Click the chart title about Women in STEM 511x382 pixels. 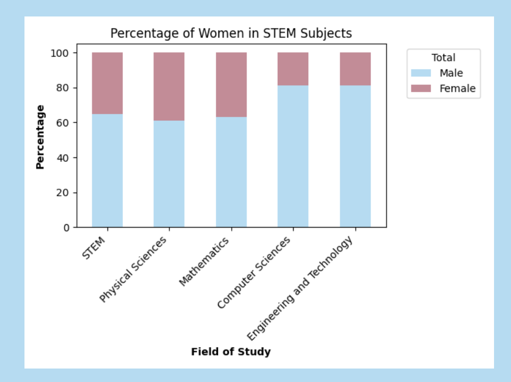(231, 33)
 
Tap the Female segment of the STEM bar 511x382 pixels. (107, 83)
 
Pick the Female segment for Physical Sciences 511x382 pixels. (169, 86)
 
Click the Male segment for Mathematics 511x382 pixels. (231, 172)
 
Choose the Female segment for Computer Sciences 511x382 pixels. (293, 69)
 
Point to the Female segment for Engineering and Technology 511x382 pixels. (355, 69)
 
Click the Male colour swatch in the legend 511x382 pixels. (421, 73)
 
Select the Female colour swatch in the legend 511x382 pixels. (421, 89)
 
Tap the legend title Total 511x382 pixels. (444, 57)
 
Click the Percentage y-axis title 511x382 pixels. (40, 137)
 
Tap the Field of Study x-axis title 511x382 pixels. (231, 352)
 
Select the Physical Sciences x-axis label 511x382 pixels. (134, 270)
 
